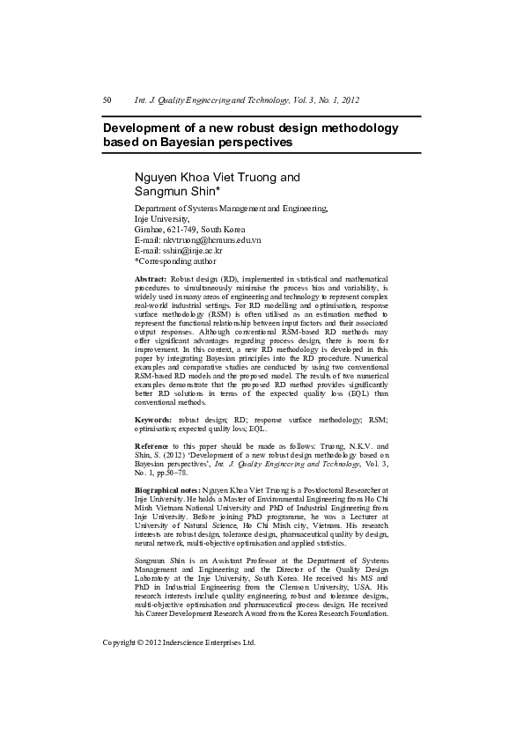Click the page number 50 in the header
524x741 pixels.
(x=107, y=100)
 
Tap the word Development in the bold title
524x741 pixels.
(x=144, y=128)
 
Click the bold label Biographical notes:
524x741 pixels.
(x=167, y=488)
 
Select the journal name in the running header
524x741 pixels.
(x=247, y=100)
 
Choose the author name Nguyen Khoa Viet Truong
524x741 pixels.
(x=217, y=177)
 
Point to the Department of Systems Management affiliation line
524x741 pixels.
(x=231, y=209)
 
